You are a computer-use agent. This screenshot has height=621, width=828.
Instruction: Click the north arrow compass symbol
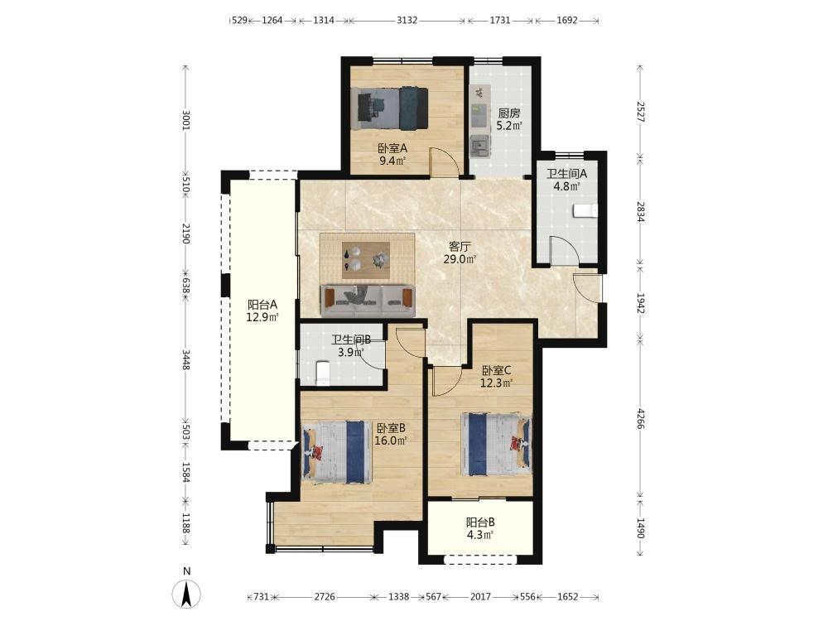pos(186,594)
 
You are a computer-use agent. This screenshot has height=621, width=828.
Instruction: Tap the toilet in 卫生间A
pos(585,210)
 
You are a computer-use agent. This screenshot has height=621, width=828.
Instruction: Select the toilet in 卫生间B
pos(321,373)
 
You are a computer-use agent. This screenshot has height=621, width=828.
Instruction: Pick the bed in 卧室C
pos(496,444)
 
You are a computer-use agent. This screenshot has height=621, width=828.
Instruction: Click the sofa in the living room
pos(368,301)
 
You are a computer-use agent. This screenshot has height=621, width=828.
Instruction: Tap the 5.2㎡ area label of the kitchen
pos(509,126)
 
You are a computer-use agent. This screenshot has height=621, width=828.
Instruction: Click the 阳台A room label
pos(262,305)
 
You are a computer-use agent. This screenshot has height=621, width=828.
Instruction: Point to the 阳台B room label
pos(480,522)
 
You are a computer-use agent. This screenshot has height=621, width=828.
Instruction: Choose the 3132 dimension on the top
pos(407,21)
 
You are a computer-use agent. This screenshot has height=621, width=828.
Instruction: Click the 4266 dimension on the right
pos(640,418)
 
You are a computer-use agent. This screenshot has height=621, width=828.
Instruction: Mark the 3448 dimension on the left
pos(185,359)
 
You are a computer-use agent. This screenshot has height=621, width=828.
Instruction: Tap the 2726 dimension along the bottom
pos(325,597)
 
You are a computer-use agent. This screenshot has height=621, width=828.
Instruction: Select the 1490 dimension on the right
pos(640,527)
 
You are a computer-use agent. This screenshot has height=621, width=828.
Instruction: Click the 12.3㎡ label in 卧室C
pos(496,383)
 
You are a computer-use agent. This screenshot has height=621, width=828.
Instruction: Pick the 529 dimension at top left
pos(240,21)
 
